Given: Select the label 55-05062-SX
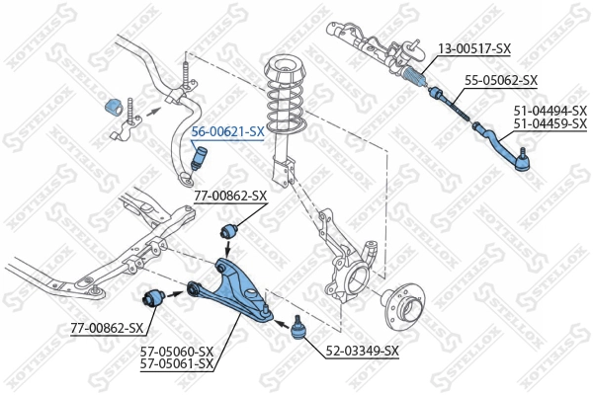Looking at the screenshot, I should [501, 81].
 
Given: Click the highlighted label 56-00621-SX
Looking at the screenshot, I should [227, 131].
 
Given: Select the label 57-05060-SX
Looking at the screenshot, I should [177, 351].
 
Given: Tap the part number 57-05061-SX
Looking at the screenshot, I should [177, 363].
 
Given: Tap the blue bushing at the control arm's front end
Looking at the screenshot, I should [154, 295].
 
